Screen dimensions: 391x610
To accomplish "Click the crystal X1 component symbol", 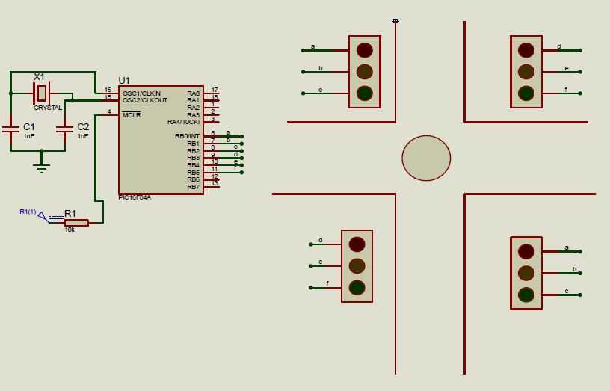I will click(42, 93).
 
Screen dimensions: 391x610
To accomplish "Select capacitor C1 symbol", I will click(10, 129).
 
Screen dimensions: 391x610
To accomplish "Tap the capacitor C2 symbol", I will click(65, 129).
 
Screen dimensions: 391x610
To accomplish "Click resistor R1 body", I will click(76, 222).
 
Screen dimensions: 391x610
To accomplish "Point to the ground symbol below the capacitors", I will click(42, 167).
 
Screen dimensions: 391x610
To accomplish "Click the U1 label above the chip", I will click(124, 80).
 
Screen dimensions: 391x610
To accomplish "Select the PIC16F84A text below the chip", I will click(135, 197).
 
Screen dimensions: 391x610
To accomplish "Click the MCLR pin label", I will click(132, 114).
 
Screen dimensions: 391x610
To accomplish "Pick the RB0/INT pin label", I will click(188, 136).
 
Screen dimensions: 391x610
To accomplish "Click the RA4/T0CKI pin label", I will click(184, 121).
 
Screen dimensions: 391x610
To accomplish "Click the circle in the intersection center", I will click(426, 158).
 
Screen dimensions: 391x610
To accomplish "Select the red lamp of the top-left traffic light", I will click(364, 50).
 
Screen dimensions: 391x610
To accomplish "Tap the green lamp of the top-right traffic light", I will click(526, 93).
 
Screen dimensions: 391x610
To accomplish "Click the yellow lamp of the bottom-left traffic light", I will click(357, 265).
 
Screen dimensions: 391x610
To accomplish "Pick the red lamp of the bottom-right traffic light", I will click(526, 251).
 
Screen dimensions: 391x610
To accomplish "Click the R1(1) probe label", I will click(28, 212).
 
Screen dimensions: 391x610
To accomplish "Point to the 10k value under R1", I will click(70, 230).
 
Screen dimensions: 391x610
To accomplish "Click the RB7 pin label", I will click(193, 186).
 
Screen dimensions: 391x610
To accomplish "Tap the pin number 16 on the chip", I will click(108, 90).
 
